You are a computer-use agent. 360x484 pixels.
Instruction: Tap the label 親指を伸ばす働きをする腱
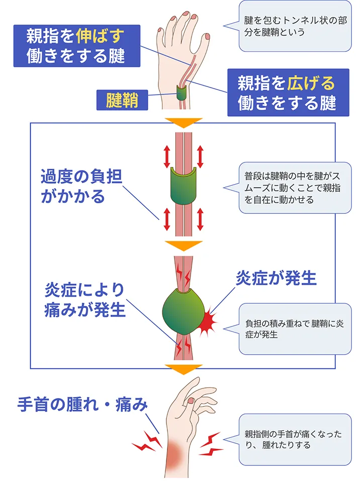[x=75, y=45]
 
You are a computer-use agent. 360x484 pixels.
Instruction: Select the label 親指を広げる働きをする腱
[x=281, y=92]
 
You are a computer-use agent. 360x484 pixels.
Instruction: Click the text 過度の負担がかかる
[x=81, y=186]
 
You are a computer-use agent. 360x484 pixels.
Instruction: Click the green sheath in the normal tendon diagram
[x=184, y=185]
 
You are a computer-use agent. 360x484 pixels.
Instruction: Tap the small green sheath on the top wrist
[x=181, y=93]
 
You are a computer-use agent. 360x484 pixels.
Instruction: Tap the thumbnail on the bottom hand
[x=191, y=400]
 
